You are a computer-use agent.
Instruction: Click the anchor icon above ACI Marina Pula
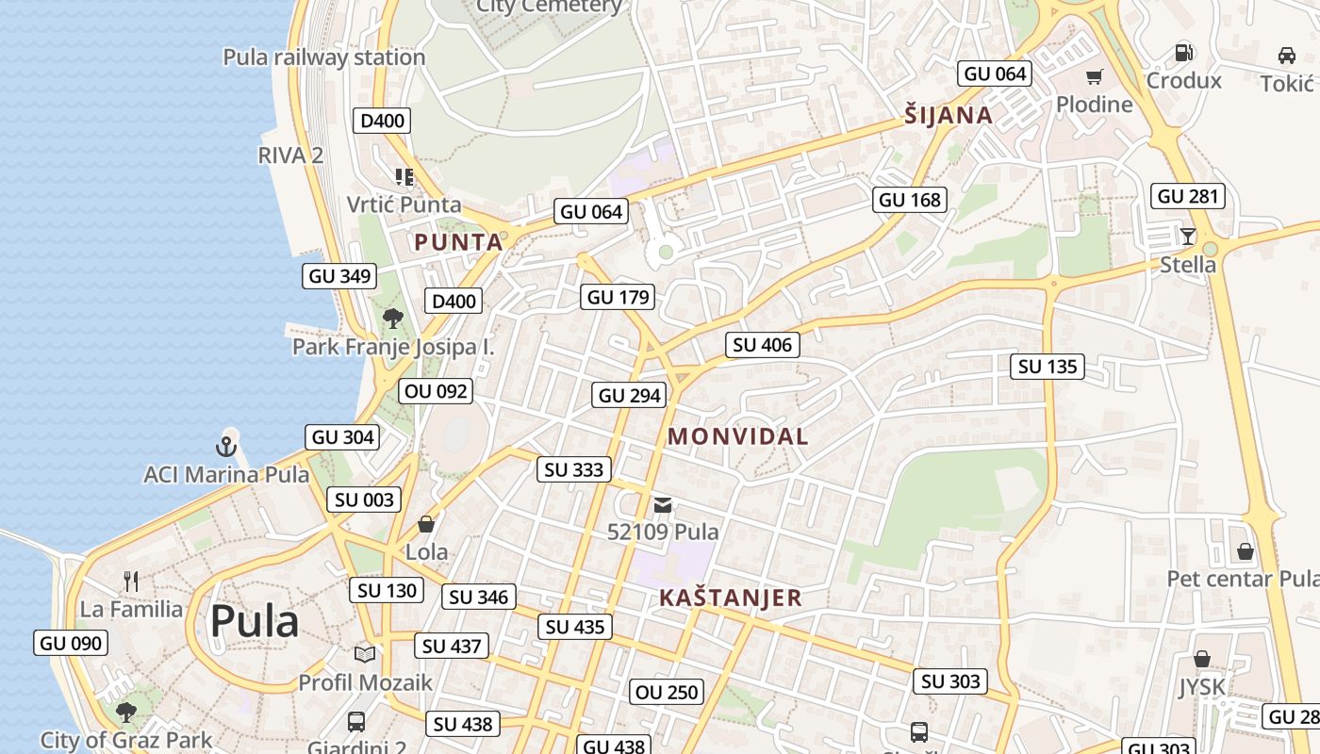point(226,446)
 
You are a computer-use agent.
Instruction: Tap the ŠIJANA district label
point(949,116)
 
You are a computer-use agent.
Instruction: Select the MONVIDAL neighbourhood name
point(737,436)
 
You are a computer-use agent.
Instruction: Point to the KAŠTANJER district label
point(731,598)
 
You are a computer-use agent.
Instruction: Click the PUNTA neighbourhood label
point(458,242)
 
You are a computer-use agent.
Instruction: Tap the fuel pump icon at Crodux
point(1184,53)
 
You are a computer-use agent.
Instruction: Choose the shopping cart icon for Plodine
point(1094,77)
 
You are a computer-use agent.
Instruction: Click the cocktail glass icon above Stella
point(1187,236)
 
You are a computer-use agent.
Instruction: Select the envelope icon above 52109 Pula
point(663,505)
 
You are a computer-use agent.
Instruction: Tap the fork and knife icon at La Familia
point(131,582)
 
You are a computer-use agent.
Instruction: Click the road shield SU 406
point(762,345)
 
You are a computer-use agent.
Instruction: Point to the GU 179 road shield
point(619,298)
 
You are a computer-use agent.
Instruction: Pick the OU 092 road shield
point(435,390)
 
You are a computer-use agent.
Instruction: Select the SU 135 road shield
point(1048,367)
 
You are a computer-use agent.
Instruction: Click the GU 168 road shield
point(910,200)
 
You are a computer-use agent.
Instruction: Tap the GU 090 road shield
point(71,644)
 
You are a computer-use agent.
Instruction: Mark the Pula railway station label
point(324,57)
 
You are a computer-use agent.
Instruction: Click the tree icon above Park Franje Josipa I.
point(393,319)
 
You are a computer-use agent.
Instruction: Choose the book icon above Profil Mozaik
point(365,654)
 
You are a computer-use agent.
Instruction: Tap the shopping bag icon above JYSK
point(1202,659)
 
